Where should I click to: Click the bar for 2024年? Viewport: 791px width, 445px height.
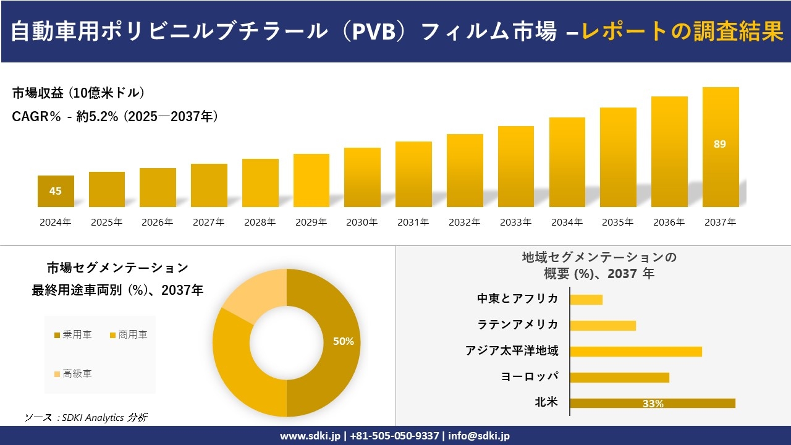(x=56, y=191)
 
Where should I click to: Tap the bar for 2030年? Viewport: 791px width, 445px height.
(x=362, y=177)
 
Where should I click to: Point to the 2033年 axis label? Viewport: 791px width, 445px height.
(x=515, y=222)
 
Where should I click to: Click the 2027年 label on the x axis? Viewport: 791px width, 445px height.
(x=208, y=222)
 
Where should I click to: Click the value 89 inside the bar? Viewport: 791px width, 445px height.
(x=720, y=144)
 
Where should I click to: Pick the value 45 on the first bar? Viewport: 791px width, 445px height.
(x=56, y=191)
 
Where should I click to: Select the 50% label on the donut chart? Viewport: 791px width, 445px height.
(x=343, y=341)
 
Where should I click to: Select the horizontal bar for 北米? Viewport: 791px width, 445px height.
(x=652, y=403)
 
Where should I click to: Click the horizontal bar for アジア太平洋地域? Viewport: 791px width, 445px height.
(x=635, y=351)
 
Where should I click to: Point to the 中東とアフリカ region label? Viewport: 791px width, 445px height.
(x=517, y=299)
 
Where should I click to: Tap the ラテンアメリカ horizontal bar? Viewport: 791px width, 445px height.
(x=603, y=325)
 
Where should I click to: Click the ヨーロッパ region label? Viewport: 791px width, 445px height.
(x=530, y=376)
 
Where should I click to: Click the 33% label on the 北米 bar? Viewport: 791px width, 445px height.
(x=653, y=404)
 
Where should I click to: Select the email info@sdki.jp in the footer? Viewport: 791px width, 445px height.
(x=479, y=436)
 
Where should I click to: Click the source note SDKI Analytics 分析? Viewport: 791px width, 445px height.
(x=87, y=418)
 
